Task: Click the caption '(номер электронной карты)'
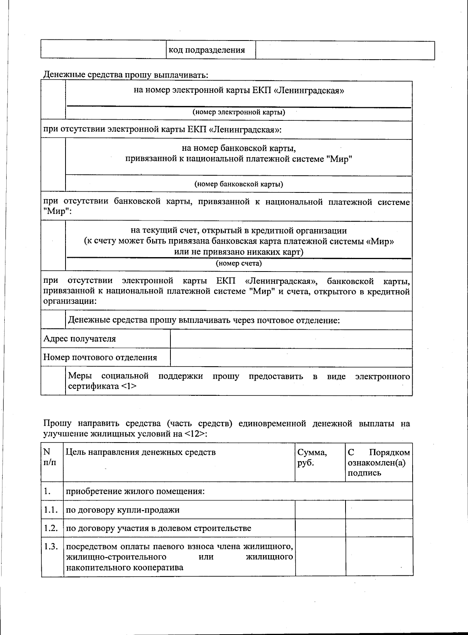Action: coord(239,113)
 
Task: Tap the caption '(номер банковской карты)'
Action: coord(239,184)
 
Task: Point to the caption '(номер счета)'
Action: coord(239,263)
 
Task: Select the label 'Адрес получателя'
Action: coord(80,339)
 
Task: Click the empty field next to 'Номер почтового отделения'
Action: coord(291,357)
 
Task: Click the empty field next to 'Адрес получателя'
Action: coord(291,339)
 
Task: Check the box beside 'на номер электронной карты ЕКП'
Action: coord(53,100)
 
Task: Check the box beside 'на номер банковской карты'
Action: coord(53,166)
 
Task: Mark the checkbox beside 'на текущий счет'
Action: coord(53,246)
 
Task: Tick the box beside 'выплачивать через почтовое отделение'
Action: coord(53,320)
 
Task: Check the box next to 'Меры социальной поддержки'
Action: coord(53,381)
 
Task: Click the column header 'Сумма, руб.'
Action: coord(312,457)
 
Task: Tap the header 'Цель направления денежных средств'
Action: coord(140,452)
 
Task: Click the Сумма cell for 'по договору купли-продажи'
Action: coord(320,510)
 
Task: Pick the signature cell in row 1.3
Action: coord(379,557)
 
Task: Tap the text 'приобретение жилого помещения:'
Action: coord(135,491)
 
